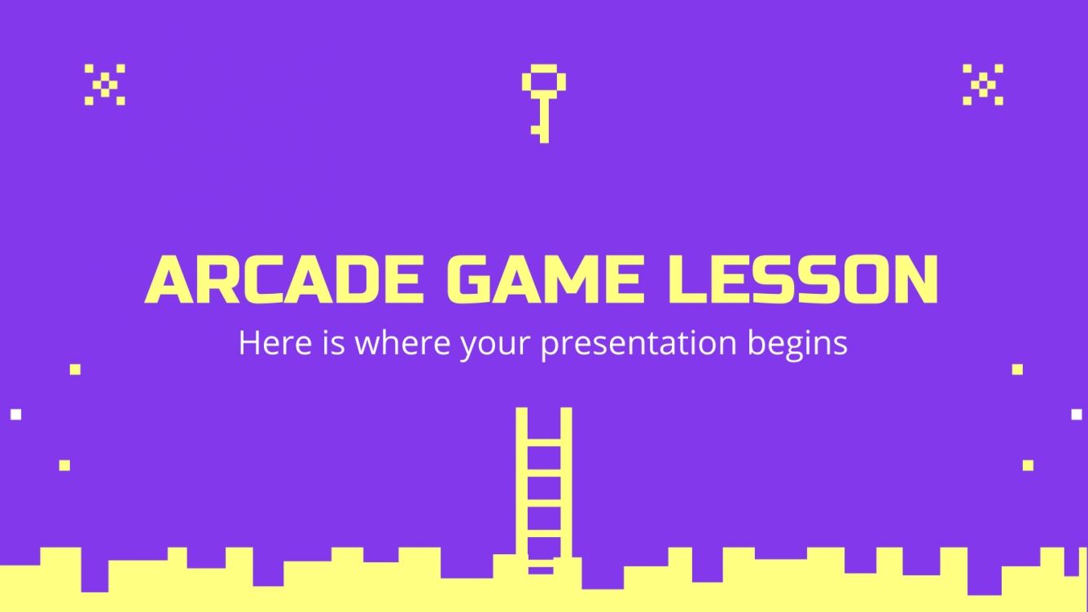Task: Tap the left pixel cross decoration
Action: tap(104, 84)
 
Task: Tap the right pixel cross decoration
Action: tap(983, 84)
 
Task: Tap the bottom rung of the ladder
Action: tap(543, 561)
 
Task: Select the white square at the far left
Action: tap(15, 414)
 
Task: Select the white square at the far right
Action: tap(1076, 414)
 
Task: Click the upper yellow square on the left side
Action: tap(75, 369)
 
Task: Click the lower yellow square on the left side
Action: tap(64, 466)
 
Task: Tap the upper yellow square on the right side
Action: tap(1017, 369)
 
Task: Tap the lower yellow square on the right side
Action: tap(1028, 466)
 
